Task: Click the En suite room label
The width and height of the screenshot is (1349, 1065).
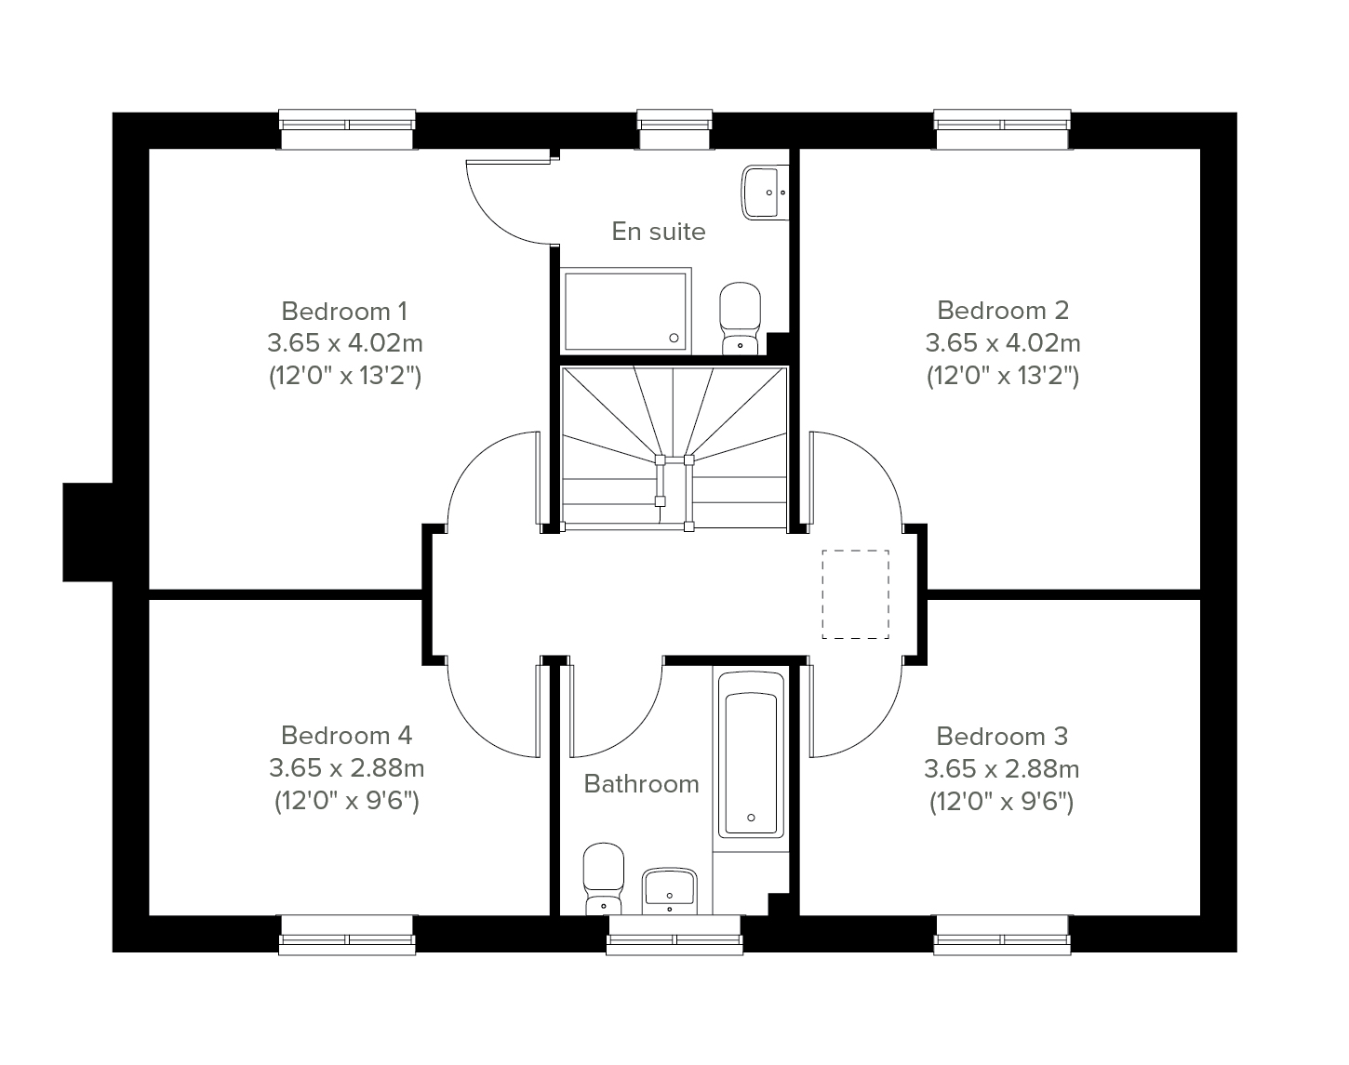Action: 658,232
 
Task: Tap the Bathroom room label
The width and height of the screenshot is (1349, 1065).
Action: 641,783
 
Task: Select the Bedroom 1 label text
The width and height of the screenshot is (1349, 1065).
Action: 344,311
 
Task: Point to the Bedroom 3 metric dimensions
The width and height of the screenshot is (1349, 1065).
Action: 1002,768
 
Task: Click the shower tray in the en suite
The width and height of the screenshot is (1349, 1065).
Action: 625,311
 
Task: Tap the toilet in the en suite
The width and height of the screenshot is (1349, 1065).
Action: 741,318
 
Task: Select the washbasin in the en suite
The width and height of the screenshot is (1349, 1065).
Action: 765,192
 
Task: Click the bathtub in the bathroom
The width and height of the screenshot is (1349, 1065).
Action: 751,754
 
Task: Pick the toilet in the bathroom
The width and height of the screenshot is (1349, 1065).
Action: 603,879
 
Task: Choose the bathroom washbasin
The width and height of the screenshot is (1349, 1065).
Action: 670,891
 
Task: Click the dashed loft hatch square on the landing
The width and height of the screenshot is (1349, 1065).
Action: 856,594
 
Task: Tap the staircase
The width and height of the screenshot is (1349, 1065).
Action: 674,447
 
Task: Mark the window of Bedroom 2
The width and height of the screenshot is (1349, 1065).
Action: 1002,129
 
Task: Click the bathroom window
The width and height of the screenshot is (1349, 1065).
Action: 674,935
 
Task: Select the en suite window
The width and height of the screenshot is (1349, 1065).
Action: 675,129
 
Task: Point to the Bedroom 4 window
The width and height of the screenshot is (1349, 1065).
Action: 347,935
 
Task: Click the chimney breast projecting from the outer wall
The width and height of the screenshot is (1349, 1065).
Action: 87,532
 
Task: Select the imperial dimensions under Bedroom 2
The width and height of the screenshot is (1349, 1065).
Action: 1003,376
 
